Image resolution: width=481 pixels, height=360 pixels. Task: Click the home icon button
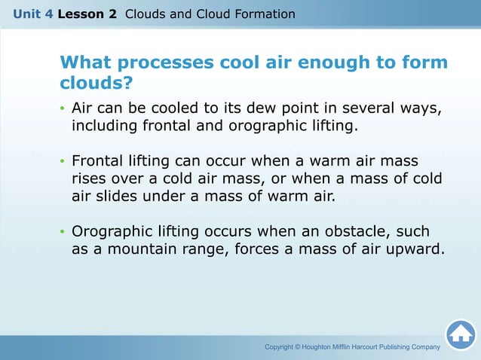[460, 334]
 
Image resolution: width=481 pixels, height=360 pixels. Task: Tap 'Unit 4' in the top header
[27, 14]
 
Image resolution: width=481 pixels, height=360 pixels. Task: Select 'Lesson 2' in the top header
[86, 14]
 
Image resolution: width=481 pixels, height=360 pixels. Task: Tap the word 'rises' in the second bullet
[89, 179]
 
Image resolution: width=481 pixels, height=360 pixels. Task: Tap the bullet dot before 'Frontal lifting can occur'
[63, 162]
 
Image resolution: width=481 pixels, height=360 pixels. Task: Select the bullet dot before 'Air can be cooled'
[63, 110]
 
